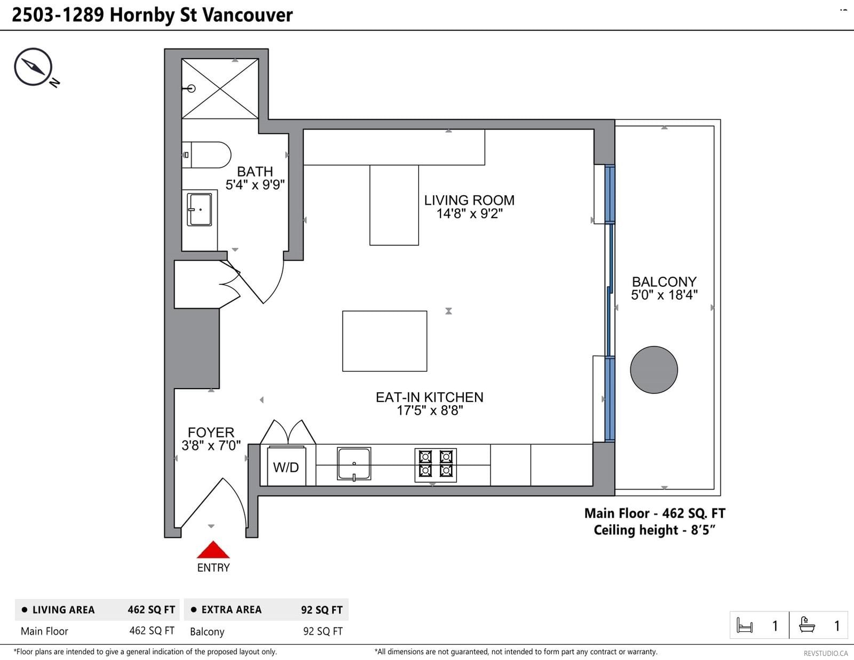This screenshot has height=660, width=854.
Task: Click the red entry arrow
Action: pos(213,550)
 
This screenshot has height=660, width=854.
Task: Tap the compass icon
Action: pos(34,67)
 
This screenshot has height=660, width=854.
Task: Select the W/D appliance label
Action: pos(286,468)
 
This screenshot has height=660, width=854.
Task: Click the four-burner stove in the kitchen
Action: pos(436,465)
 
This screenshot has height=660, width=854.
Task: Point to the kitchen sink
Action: pos(354,464)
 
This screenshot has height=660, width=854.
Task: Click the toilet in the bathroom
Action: pos(207,155)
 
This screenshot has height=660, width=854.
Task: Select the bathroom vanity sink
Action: pos(199,210)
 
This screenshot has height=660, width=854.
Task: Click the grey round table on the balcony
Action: pos(654,369)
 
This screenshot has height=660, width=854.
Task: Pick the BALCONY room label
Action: pos(664,281)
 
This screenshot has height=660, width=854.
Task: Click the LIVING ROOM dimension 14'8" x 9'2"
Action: pos(470,213)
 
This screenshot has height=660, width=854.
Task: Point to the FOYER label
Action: pos(211,432)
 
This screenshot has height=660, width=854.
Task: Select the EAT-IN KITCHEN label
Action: pos(430,397)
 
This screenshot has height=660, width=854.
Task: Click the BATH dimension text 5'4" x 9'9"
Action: pos(255,184)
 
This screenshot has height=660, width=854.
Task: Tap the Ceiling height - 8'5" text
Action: pos(654,530)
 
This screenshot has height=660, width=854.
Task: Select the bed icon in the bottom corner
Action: pos(745,625)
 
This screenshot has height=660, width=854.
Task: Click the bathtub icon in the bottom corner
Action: pos(807,625)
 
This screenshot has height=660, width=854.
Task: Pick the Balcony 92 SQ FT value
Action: pos(323,631)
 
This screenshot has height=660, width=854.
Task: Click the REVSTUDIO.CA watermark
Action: pos(826,653)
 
